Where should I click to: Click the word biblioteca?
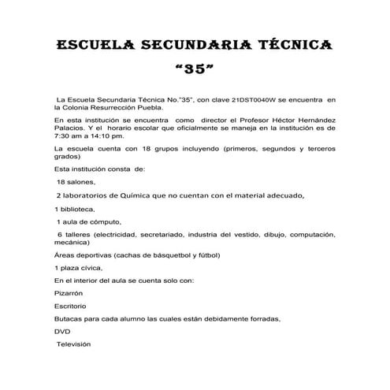click(x=77, y=209)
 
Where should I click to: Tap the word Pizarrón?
click(x=68, y=292)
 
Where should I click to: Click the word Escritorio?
click(x=70, y=305)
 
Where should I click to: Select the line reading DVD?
click(x=61, y=332)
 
